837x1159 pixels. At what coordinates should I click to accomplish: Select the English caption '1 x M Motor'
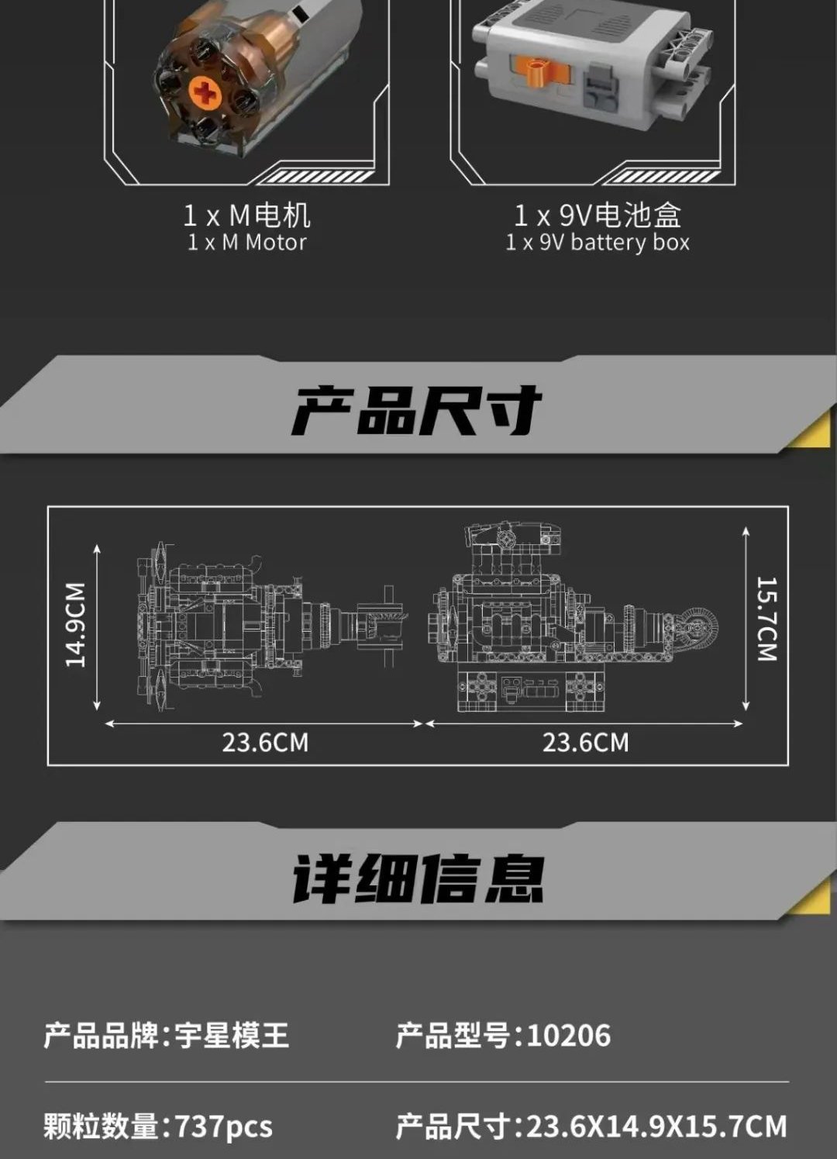[246, 242]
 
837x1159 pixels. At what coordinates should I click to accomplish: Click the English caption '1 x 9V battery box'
[598, 243]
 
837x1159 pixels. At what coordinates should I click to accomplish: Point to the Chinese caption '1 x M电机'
[247, 216]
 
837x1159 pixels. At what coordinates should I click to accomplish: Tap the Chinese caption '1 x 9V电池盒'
[598, 215]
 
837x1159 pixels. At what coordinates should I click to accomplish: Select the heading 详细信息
[418, 879]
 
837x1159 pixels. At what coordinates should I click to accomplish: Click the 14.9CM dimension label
[75, 625]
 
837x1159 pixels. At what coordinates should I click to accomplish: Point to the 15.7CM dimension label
[766, 619]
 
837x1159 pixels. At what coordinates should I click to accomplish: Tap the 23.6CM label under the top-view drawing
[265, 743]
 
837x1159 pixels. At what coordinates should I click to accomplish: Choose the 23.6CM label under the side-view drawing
[586, 743]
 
